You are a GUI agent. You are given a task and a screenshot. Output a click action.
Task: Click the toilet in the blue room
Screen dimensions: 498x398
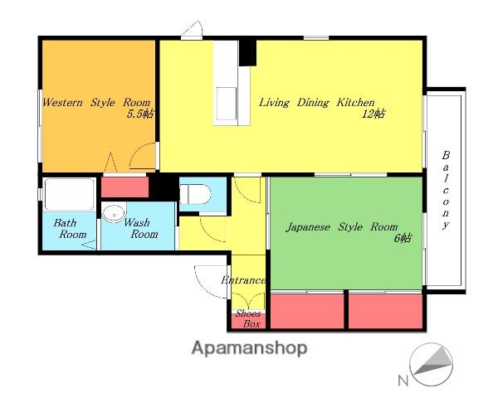click(195, 194)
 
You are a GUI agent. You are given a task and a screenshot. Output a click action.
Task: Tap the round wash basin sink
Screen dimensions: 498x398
click(114, 213)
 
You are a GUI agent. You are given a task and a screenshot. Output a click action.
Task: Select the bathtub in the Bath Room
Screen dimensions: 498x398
click(69, 195)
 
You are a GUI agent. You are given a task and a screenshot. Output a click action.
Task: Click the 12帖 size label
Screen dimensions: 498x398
click(373, 114)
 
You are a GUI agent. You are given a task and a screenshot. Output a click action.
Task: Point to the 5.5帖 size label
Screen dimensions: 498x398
click(140, 114)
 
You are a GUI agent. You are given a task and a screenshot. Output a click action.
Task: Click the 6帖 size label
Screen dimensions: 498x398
click(403, 238)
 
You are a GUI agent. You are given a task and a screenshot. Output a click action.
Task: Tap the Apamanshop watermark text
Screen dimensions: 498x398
click(249, 348)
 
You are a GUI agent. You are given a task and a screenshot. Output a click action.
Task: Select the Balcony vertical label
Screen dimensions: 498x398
click(446, 190)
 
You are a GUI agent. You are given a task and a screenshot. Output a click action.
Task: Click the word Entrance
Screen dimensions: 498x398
click(243, 280)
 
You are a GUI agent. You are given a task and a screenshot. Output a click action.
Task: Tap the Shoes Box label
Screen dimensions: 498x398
click(248, 319)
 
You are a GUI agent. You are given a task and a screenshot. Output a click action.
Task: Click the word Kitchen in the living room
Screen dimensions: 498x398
click(356, 103)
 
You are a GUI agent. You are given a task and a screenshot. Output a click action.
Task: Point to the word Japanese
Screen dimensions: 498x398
click(308, 227)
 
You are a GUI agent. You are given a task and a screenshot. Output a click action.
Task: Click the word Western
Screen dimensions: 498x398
click(62, 103)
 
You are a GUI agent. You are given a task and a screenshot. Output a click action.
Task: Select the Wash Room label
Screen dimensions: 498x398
click(139, 228)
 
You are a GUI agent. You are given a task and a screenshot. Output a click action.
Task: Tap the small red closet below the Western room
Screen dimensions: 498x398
click(124, 187)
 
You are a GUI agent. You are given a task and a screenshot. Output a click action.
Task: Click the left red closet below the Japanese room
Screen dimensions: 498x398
click(307, 311)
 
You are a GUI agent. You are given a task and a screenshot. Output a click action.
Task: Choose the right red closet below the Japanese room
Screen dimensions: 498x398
click(386, 311)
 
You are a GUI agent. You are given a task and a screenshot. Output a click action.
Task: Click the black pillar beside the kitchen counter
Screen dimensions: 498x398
click(247, 53)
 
